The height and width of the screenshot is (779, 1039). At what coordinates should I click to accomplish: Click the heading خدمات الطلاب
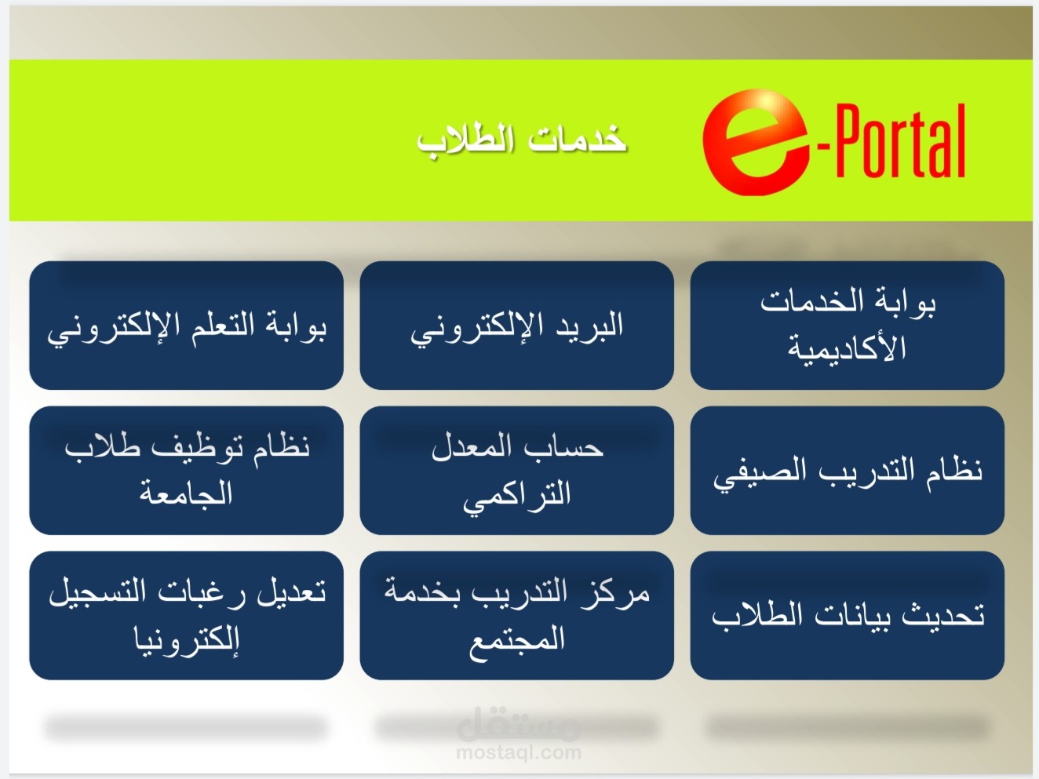522,140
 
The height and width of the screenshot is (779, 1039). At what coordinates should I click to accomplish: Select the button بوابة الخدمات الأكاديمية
848,326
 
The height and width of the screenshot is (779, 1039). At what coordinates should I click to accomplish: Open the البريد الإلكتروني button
517,326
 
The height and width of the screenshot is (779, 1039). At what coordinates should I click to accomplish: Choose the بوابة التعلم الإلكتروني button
187,326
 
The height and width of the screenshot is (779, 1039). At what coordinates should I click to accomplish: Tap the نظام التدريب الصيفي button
848,470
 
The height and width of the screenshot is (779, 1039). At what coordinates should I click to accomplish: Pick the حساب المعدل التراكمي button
517,470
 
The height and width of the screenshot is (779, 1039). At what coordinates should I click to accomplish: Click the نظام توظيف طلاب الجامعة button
187,470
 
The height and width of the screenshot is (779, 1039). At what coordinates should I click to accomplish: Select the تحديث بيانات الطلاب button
848,615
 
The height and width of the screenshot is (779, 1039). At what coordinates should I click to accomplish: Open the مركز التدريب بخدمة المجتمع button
517,615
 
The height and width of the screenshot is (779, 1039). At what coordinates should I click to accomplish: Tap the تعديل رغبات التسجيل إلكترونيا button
187,615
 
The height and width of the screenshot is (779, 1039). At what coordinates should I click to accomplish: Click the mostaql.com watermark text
519,752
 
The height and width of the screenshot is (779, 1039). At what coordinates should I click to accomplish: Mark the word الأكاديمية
847,348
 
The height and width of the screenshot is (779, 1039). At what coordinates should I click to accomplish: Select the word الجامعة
186,493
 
